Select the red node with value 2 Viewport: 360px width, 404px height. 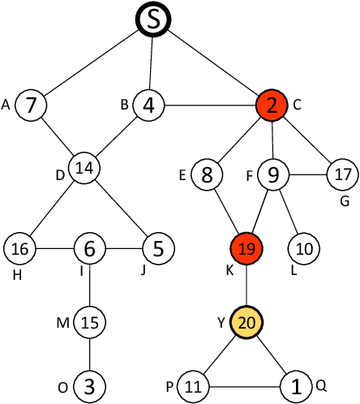click(271, 105)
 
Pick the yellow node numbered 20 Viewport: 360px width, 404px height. click(247, 322)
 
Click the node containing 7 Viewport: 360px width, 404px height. click(30, 105)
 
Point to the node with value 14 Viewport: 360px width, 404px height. click(83, 168)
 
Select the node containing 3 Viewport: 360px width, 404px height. click(89, 385)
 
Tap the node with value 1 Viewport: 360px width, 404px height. click(298, 385)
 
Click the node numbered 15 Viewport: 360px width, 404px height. click(89, 322)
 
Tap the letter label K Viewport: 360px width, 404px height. click(229, 270)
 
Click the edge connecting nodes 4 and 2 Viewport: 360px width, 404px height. click(209, 105)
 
